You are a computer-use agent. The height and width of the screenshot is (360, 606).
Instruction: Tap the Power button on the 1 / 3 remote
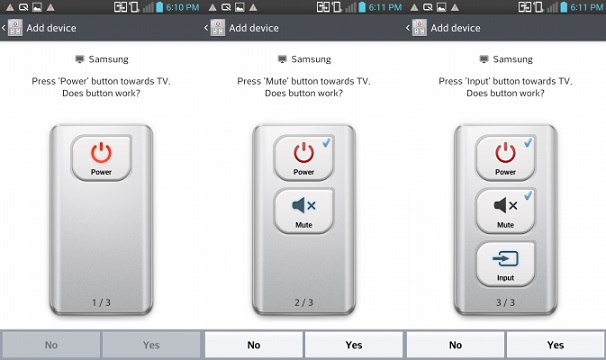tap(101, 158)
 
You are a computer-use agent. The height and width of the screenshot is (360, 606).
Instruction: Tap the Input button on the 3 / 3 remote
tap(506, 263)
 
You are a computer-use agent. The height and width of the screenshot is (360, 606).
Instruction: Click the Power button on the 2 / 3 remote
tap(304, 158)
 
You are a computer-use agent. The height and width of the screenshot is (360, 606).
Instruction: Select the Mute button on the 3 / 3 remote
tap(506, 211)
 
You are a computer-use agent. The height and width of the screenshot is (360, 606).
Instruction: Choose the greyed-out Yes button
tap(151, 345)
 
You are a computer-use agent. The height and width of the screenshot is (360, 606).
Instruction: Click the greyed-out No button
tap(51, 345)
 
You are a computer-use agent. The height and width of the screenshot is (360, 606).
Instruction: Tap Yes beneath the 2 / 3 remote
tap(354, 345)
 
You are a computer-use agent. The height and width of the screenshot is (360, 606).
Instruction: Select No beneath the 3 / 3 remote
tap(455, 345)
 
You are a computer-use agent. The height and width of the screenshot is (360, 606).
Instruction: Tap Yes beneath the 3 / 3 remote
tap(555, 345)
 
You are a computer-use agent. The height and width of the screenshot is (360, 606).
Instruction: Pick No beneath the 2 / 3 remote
tap(254, 345)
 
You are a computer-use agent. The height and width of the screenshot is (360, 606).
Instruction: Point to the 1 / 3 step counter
tap(101, 302)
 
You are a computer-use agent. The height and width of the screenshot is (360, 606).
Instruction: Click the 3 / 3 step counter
tap(506, 302)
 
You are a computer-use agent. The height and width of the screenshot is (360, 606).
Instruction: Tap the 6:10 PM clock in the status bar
tap(182, 7)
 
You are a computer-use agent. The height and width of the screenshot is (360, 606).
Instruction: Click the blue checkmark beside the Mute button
tap(528, 196)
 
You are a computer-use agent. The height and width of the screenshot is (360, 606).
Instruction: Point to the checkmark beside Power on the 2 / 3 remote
tap(327, 143)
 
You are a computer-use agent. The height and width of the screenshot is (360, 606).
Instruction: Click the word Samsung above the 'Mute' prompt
tap(311, 59)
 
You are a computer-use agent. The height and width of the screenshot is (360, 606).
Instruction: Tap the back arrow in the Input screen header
tap(407, 28)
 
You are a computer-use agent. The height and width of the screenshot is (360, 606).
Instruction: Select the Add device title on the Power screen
tap(51, 28)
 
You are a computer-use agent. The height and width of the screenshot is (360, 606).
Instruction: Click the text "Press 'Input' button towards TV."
tap(505, 81)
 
